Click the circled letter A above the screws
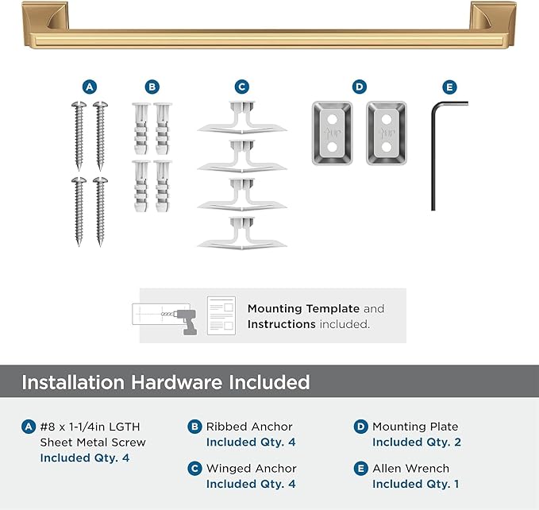click(x=90, y=87)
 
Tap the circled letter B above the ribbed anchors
click(x=152, y=87)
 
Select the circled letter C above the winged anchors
click(x=242, y=87)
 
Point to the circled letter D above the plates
click(x=360, y=87)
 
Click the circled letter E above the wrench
click(x=450, y=87)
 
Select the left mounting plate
click(x=333, y=132)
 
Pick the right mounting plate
click(x=387, y=132)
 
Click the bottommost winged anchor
click(x=241, y=233)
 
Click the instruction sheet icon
click(x=221, y=315)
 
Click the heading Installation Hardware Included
click(x=165, y=382)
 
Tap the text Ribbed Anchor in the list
click(x=249, y=427)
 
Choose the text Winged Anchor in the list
click(x=252, y=469)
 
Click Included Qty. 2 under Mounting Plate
click(x=417, y=442)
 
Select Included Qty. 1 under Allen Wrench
click(x=415, y=484)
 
